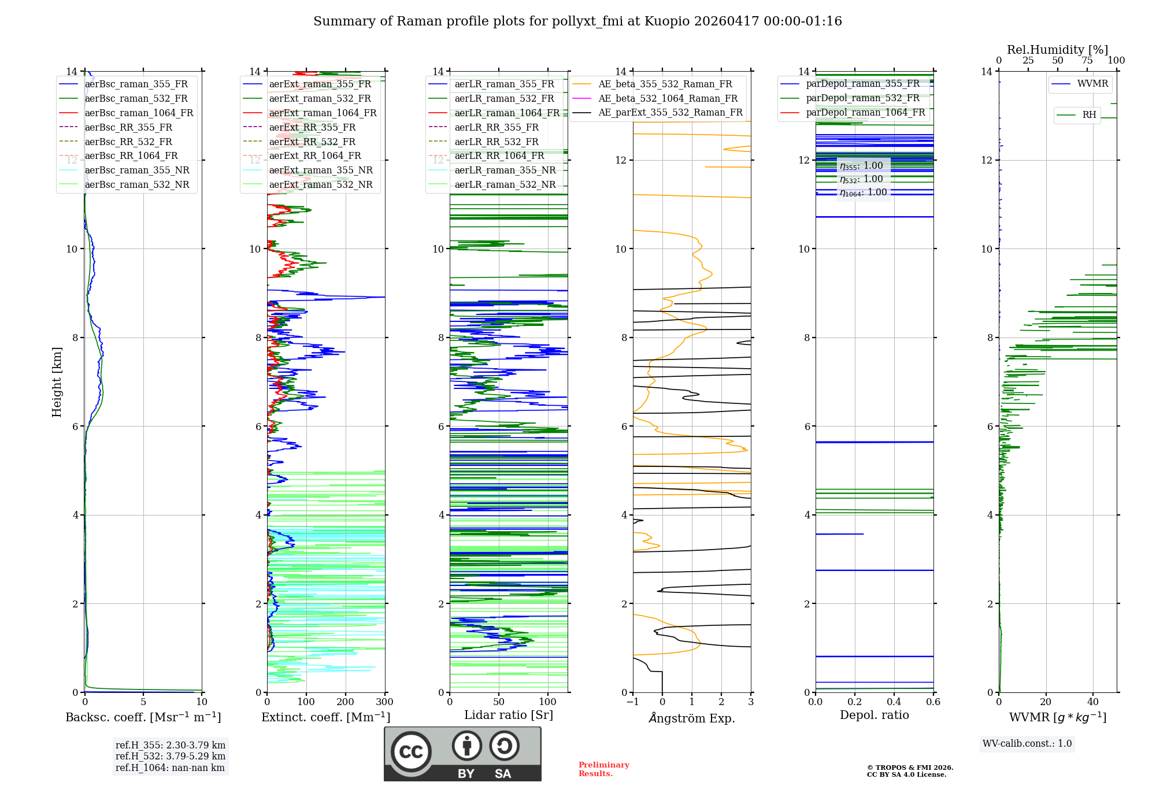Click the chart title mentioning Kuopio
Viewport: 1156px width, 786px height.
tap(577, 21)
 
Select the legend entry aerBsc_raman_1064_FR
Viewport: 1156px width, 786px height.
tap(139, 113)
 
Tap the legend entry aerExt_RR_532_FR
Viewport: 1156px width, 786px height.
tap(312, 142)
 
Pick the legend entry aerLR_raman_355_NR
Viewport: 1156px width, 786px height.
tap(505, 170)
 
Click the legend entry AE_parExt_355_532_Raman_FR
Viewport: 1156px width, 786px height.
tap(670, 112)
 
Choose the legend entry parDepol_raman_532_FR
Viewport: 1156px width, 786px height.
tap(862, 98)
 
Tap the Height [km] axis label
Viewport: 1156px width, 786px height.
tap(57, 382)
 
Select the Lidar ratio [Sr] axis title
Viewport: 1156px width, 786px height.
tap(509, 715)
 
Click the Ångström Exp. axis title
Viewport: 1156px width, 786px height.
tap(692, 718)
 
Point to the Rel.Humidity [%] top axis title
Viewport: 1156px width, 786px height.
tap(1057, 50)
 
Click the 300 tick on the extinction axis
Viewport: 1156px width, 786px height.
tap(384, 702)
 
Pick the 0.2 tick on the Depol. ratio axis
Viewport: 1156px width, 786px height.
tap(855, 702)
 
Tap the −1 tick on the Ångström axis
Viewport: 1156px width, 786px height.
tap(632, 702)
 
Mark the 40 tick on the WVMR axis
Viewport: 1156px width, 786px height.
tap(1092, 702)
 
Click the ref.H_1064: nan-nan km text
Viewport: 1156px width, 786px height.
tap(170, 768)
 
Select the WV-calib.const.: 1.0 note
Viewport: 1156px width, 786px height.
tap(1027, 744)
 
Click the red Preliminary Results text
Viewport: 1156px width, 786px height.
tap(603, 769)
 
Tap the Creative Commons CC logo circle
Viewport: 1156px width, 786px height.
tap(411, 752)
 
